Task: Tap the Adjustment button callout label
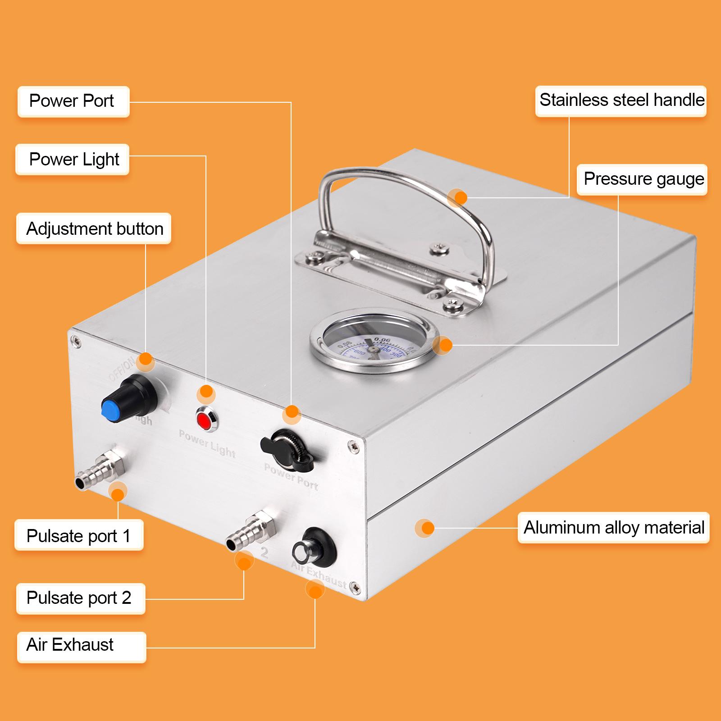[94, 229]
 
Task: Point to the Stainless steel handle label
[621, 100]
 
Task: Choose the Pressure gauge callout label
[642, 179]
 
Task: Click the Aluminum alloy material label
[613, 527]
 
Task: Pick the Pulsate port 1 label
[79, 535]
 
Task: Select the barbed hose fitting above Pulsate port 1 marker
[101, 471]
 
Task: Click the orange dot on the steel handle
[460, 197]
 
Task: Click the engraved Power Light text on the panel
[207, 443]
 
